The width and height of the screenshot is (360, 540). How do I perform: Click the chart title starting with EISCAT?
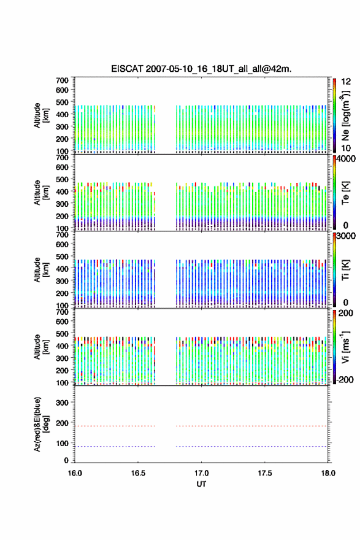[201, 69]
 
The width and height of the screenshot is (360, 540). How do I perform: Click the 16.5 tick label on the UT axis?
[138, 473]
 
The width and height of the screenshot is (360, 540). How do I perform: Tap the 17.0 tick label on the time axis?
[201, 473]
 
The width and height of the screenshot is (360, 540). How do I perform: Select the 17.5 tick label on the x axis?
[265, 473]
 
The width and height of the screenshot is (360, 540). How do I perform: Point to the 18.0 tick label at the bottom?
[328, 473]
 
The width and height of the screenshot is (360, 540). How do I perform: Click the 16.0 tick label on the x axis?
[75, 473]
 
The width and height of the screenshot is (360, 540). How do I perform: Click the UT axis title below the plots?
[201, 484]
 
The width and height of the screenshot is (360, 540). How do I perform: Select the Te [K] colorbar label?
[345, 193]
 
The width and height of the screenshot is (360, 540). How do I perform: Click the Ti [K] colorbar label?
[345, 270]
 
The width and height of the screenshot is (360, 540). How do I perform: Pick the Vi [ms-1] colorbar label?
[345, 347]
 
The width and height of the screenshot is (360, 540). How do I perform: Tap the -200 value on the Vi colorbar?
[344, 379]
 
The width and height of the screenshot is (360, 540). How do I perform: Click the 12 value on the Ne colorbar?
[346, 82]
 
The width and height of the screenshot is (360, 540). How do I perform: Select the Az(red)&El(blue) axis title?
[41, 424]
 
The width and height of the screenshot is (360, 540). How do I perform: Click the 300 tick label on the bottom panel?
[62, 403]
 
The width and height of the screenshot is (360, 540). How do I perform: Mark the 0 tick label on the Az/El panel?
[66, 460]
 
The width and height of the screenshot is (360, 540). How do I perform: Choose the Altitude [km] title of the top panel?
[41, 115]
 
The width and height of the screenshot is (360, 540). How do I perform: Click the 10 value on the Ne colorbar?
[346, 148]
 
